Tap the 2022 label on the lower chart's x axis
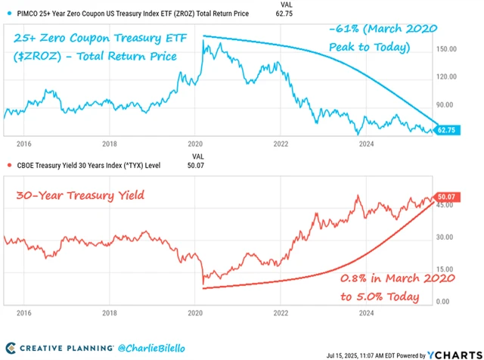281,312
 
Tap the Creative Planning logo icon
11,348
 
